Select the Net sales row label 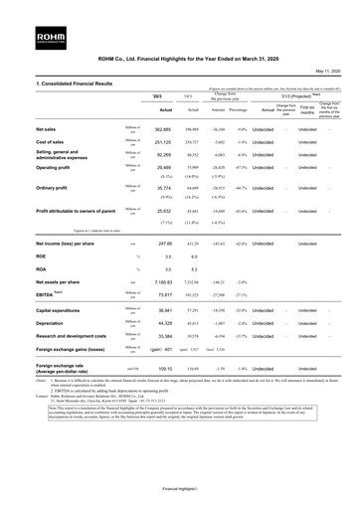click(18, 129)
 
